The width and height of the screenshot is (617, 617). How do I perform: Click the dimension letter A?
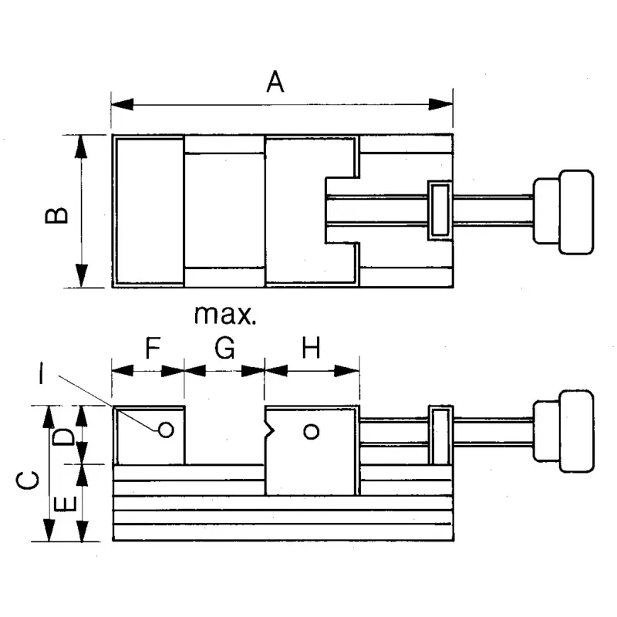pyautogui.click(x=275, y=82)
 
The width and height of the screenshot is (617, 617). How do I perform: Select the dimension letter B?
pyautogui.click(x=56, y=215)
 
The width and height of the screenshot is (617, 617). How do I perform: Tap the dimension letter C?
pyautogui.click(x=28, y=480)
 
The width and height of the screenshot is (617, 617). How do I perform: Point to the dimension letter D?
pyautogui.click(x=63, y=437)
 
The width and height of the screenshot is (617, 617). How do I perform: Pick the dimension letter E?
pyautogui.click(x=65, y=504)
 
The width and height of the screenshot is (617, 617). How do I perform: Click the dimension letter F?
pyautogui.click(x=153, y=348)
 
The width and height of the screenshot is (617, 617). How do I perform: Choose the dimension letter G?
pyautogui.click(x=224, y=348)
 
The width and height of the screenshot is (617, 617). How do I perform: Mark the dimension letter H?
pyautogui.click(x=311, y=348)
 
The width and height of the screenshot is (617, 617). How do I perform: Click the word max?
pyautogui.click(x=225, y=315)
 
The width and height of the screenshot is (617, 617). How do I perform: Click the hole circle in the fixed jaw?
pyautogui.click(x=166, y=430)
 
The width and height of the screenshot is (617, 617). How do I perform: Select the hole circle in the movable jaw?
pyautogui.click(x=312, y=432)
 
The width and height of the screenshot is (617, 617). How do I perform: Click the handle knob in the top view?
pyautogui.click(x=563, y=212)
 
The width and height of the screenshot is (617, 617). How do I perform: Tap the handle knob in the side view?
pyautogui.click(x=563, y=431)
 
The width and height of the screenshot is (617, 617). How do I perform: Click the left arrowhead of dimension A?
pyautogui.click(x=122, y=105)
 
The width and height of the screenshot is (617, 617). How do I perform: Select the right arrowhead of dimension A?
pyautogui.click(x=440, y=105)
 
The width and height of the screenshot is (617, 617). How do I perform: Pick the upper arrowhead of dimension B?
pyautogui.click(x=82, y=147)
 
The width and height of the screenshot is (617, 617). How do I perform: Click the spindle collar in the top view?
pyautogui.click(x=440, y=211)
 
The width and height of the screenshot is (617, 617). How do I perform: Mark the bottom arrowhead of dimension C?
pyautogui.click(x=49, y=530)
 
